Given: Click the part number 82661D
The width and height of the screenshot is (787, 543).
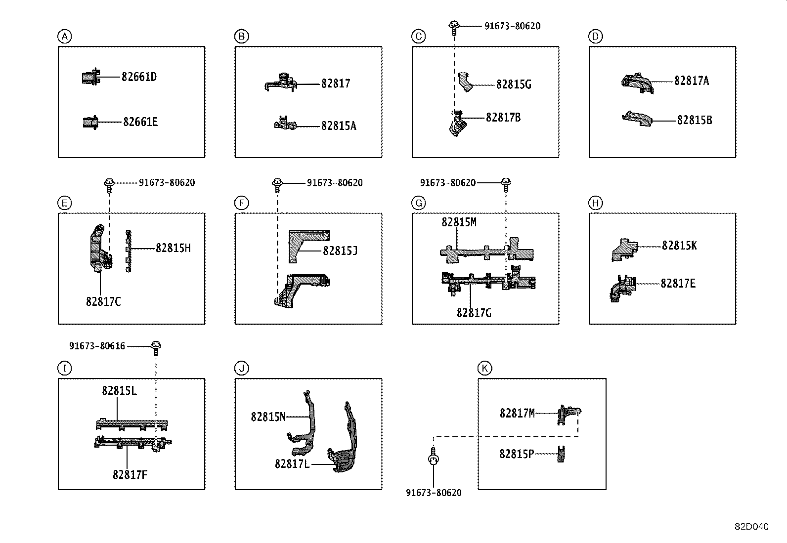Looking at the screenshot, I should coord(139,77).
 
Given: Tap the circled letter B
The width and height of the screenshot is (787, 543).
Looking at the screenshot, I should coord(241,36).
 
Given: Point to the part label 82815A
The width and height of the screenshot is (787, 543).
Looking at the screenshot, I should coord(339,126).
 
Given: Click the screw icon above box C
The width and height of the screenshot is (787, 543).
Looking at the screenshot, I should coord(453,26).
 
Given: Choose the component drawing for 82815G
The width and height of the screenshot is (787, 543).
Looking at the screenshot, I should coord(466,82).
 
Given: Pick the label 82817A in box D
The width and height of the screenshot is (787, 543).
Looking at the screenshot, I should coord(691,81).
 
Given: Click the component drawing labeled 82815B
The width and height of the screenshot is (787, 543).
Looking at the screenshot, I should coord(637,119).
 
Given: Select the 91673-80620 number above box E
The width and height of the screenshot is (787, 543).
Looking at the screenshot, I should coord(167,183).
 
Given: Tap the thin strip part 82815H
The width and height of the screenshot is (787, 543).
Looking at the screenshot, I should coord(129,251).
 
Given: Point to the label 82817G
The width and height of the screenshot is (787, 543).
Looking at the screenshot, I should coord(474,313).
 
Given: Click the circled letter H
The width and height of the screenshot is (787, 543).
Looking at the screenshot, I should coord(595,203).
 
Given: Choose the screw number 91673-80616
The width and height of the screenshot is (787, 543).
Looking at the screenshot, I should coord(97,346).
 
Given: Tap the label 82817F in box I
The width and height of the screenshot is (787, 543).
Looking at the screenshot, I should coord(130,475).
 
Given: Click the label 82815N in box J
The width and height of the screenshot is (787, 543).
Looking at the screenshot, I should coord(268,417).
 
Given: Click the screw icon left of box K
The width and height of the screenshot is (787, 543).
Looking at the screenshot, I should coord(433,458).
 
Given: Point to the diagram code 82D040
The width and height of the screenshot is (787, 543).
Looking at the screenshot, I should coord(751,527).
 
